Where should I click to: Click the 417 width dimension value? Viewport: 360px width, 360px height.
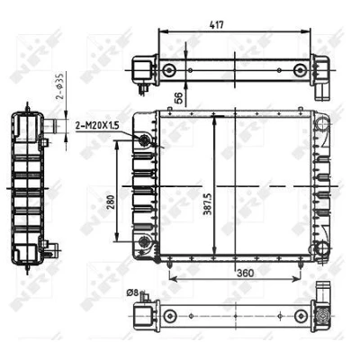pyautogui.click(x=216, y=24)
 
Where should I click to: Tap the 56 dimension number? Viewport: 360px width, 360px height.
pyautogui.click(x=179, y=98)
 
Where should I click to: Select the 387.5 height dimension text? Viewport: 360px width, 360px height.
pyautogui.click(x=207, y=204)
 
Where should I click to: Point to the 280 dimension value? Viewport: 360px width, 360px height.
pyautogui.click(x=111, y=203)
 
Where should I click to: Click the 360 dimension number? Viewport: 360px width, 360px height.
pyautogui.click(x=246, y=274)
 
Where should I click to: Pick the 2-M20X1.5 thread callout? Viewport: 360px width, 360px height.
pyautogui.click(x=97, y=125)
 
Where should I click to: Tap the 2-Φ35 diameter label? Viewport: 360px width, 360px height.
pyautogui.click(x=60, y=86)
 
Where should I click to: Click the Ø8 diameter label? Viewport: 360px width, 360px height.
pyautogui.click(x=132, y=292)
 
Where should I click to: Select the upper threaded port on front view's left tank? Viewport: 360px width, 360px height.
pyautogui.click(x=145, y=139)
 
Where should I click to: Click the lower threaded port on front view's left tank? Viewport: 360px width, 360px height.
pyautogui.click(x=144, y=241)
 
